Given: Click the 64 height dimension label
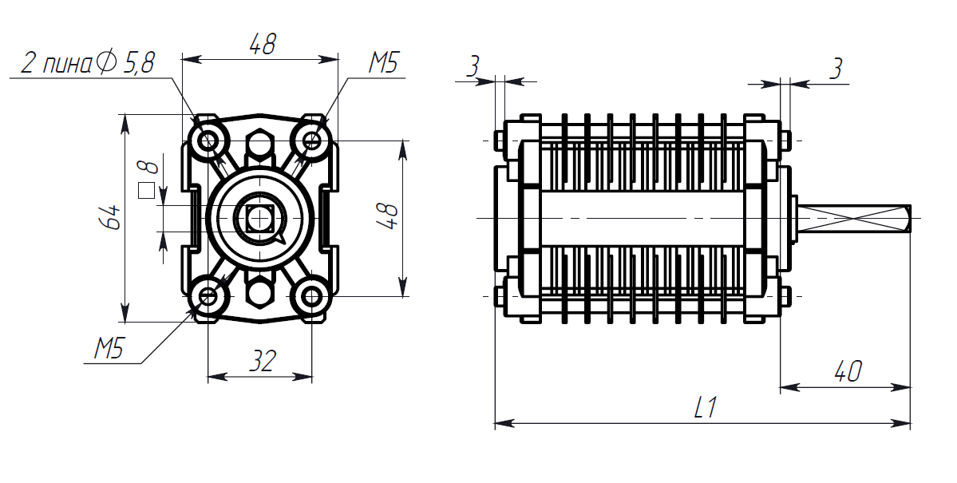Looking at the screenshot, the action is [111, 217].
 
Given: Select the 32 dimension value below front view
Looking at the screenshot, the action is [263, 362].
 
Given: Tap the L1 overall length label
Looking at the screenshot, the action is [705, 407].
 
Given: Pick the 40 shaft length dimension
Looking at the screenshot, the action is [847, 371].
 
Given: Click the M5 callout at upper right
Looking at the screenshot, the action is [382, 63].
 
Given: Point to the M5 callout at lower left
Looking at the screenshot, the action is [109, 349].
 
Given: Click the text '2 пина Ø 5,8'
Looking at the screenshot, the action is [88, 63].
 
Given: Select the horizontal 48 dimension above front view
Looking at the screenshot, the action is [263, 44].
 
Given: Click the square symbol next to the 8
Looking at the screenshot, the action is [147, 191].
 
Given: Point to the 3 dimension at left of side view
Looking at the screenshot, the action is [473, 66].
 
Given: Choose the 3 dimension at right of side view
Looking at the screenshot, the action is [836, 69].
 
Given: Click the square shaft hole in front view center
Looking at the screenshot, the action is [261, 218].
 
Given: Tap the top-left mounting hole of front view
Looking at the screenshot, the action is [208, 141].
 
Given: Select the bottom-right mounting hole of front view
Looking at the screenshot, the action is [313, 297].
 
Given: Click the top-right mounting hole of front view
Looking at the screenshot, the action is [313, 141].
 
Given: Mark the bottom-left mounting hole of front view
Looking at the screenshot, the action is [208, 297].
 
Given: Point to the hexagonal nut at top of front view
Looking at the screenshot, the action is [261, 145].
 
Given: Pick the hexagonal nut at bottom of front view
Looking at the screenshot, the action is [261, 291].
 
